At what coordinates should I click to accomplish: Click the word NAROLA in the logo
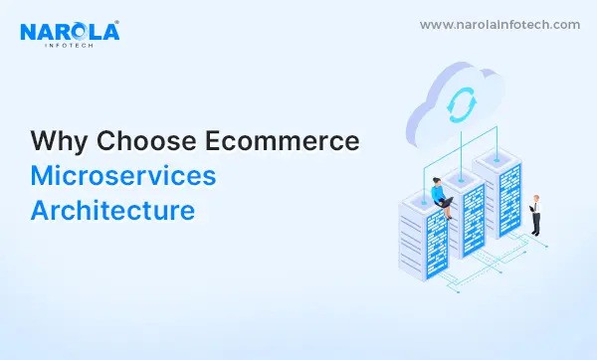pyautogui.click(x=69, y=32)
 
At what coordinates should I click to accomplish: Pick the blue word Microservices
pyautogui.click(x=122, y=176)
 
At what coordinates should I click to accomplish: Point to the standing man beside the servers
pyautogui.click(x=535, y=214)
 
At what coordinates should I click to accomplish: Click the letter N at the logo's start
pyautogui.click(x=30, y=32)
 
